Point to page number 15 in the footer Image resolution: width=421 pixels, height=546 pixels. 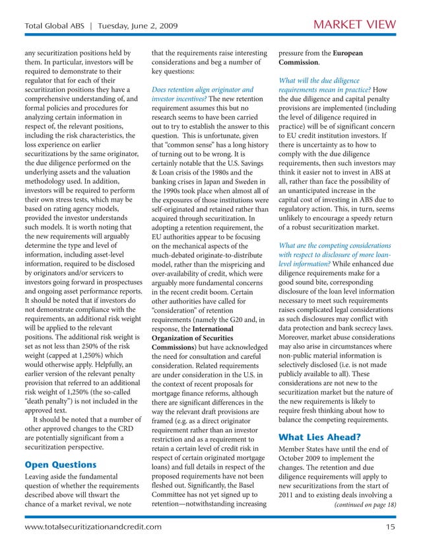(391, 527)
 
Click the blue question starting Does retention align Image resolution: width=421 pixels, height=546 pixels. (202, 89)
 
